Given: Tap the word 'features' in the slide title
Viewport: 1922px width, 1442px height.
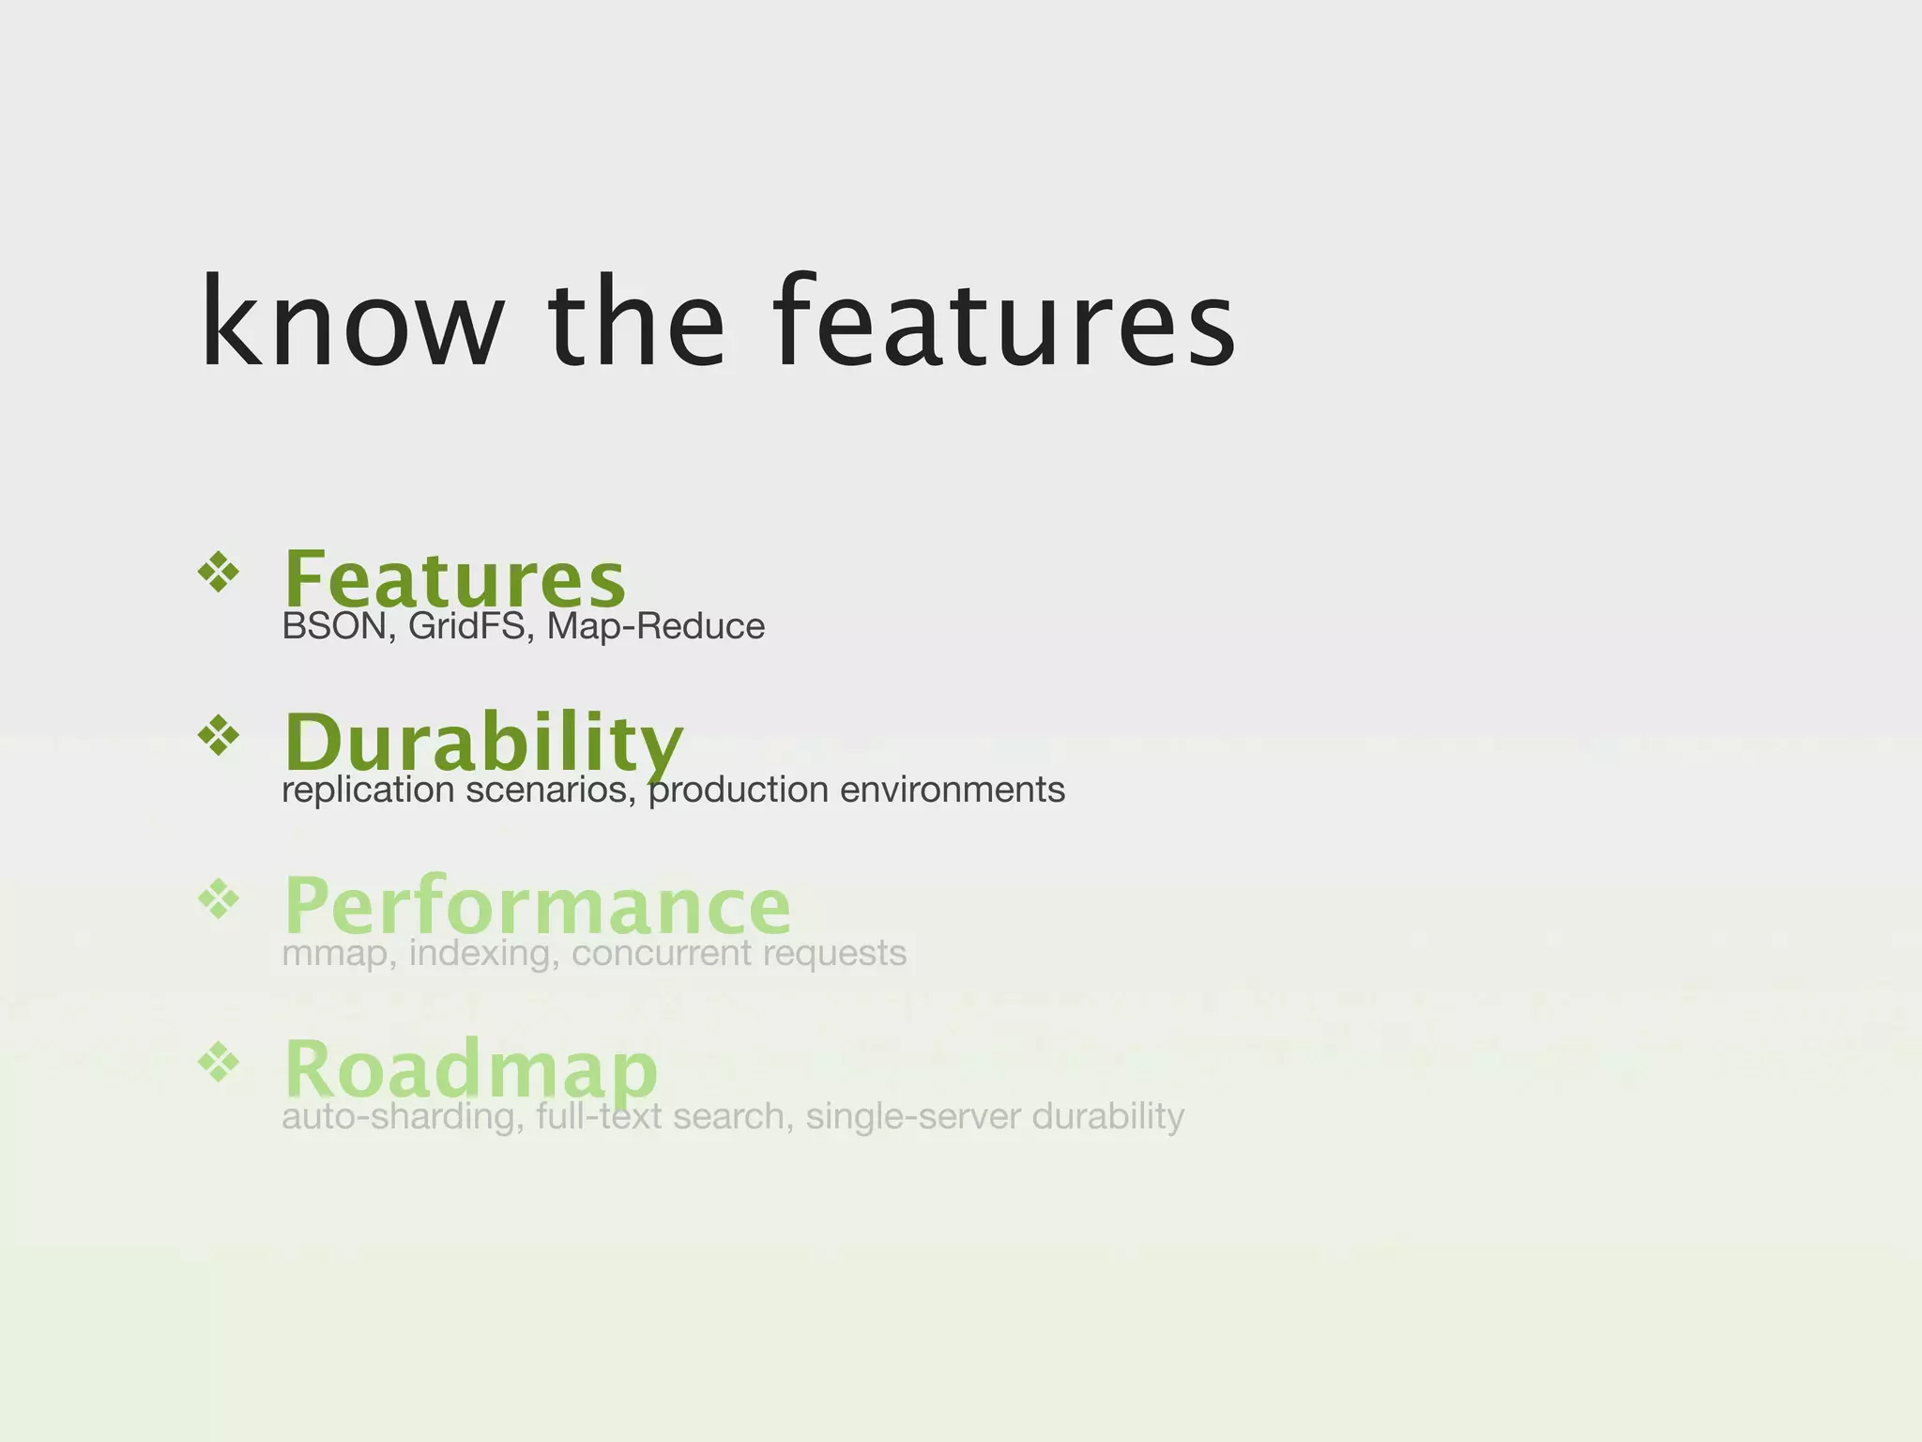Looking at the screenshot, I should [1004, 324].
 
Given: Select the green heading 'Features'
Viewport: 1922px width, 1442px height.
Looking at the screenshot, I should [454, 579].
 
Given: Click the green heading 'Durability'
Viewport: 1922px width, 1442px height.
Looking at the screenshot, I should [483, 743].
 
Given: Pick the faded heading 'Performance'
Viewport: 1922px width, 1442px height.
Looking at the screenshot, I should [538, 906].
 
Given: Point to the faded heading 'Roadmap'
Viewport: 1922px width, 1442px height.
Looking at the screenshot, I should [471, 1069].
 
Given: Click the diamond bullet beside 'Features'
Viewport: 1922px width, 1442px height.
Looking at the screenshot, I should [219, 572].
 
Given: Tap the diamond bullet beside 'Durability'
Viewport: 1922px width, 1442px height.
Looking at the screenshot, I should [219, 735].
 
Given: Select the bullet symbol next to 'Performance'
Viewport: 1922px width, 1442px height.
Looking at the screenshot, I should [219, 898].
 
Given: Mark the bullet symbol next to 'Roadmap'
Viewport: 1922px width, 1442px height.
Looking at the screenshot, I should [219, 1062].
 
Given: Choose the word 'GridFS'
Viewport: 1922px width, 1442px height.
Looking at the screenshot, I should [466, 626].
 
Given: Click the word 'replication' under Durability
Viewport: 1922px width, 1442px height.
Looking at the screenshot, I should [368, 790].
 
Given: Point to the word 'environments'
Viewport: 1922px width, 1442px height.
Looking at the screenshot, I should [952, 790].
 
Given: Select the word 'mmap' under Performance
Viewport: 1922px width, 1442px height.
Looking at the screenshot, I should [333, 953].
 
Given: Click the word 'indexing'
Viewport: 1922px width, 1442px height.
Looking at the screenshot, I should [484, 953].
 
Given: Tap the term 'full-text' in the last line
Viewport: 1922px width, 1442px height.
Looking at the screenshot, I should [599, 1116].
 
